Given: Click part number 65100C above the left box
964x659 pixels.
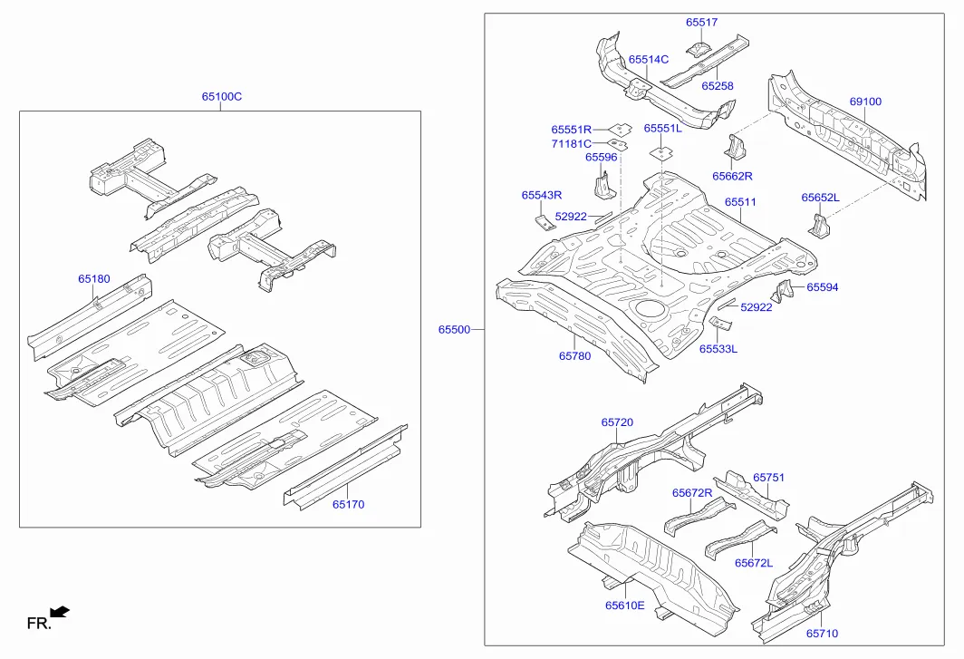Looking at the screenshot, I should click(221, 97).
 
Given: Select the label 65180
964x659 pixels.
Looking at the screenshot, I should click(93, 279).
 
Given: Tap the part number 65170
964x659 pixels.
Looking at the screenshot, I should click(348, 505).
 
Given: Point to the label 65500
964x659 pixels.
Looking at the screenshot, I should click(454, 330).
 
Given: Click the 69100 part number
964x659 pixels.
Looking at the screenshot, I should click(864, 102).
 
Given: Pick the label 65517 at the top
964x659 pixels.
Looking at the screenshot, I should click(700, 23).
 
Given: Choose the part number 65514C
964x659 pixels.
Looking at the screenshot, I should click(648, 60).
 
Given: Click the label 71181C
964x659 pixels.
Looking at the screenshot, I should click(571, 143).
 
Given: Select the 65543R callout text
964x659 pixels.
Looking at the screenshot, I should click(541, 195).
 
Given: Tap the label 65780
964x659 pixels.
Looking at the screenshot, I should click(574, 356).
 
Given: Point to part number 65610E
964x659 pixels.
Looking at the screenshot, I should click(625, 606).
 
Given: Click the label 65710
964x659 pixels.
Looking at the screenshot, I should click(822, 634).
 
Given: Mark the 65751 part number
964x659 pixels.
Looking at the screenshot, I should click(768, 477).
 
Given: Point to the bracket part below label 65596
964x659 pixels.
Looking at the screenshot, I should click(602, 186).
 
